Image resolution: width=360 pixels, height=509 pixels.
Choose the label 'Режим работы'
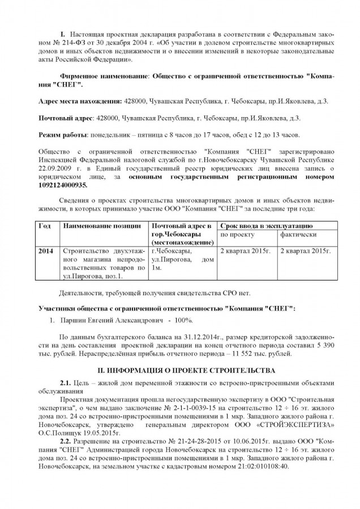pyautogui.click(x=62, y=135)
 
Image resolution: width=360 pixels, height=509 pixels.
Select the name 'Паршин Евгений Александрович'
pyautogui.click(x=108, y=321)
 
